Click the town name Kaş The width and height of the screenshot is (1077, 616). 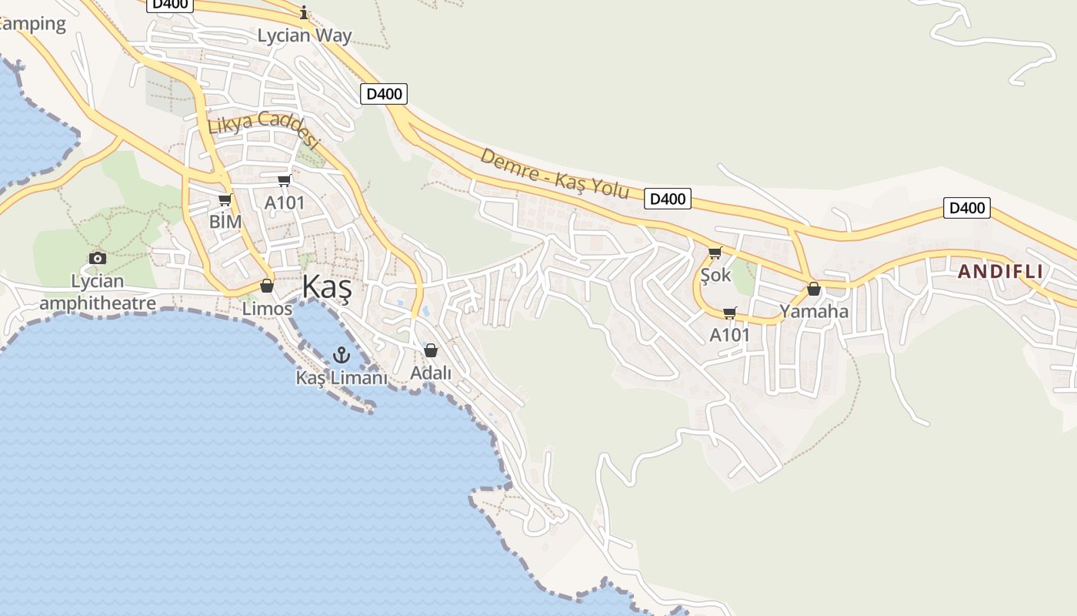point(326,286)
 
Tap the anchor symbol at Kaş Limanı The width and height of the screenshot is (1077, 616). point(341,355)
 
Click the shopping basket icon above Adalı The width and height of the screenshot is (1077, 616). point(431,351)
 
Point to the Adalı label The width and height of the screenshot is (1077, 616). point(431,373)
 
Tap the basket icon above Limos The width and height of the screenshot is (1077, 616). point(267,286)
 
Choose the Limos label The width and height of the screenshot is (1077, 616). point(267,309)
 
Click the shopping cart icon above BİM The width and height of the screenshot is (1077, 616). point(225,200)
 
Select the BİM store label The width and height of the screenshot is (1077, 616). point(225,222)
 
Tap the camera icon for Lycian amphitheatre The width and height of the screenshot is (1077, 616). point(97,258)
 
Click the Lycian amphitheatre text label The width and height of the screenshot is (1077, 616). point(97,292)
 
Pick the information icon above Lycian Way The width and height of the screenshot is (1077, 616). point(304,12)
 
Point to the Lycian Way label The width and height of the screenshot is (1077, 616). point(304,35)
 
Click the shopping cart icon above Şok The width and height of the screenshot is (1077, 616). point(715,253)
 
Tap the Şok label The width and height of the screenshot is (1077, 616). point(715,274)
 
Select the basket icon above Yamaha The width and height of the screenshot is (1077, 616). point(814,290)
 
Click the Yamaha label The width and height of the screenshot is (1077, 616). point(814,311)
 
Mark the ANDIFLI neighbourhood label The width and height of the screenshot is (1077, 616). point(1000,271)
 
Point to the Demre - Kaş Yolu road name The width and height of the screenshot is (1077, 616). point(554,173)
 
